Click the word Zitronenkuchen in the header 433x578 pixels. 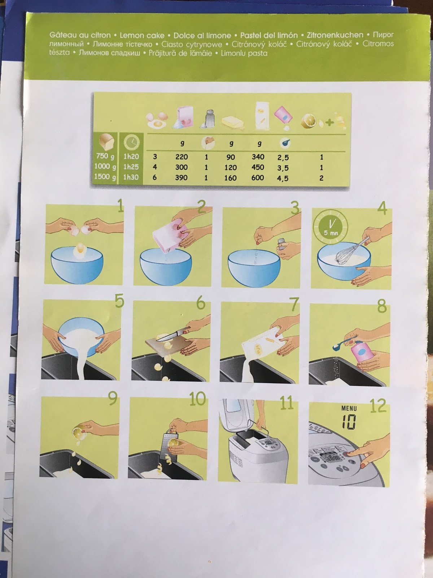(x=335, y=35)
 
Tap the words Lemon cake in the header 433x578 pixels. (x=142, y=35)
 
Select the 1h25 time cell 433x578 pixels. (x=131, y=167)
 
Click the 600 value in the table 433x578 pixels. (x=258, y=178)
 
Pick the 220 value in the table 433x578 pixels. (x=181, y=157)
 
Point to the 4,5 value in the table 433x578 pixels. (x=283, y=178)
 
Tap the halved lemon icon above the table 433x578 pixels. (x=310, y=121)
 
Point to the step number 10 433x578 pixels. (x=197, y=398)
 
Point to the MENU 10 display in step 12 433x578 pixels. (x=349, y=417)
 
